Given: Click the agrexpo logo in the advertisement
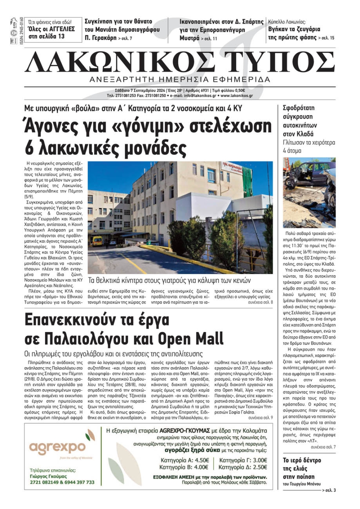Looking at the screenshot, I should point(58,447).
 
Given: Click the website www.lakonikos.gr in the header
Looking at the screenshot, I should point(237,96).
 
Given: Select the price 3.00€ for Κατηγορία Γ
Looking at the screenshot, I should point(260,460).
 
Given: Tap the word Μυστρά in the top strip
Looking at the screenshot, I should point(189,38).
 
